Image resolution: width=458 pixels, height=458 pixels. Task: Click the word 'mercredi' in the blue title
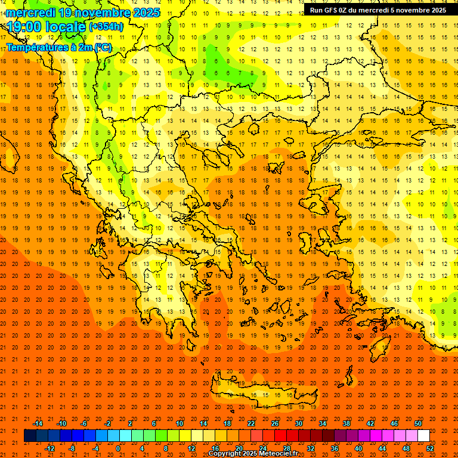[x=31, y=13]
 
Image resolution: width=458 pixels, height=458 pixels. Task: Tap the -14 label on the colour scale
[x=38, y=423]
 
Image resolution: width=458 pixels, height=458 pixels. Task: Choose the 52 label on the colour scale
[x=431, y=448]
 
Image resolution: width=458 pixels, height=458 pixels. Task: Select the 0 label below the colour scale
[x=118, y=448]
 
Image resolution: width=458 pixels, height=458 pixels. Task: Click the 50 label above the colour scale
[x=417, y=423]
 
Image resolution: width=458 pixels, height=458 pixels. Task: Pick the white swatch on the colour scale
[x=423, y=436]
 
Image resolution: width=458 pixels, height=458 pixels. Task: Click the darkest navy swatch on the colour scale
[x=30, y=436]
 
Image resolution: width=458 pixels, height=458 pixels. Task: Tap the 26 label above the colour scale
[x=274, y=423]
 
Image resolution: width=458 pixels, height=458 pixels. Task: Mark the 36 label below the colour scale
[x=335, y=448]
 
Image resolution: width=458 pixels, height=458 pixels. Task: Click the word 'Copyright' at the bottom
[x=227, y=454]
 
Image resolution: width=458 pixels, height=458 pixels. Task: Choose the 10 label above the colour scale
[x=179, y=423]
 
